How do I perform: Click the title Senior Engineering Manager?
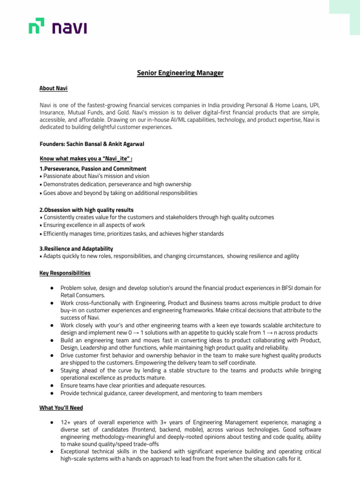pos(180,73)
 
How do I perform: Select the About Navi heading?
pos(53,88)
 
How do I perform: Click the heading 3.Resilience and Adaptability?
pos(76,248)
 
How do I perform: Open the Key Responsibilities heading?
pos(65,273)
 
